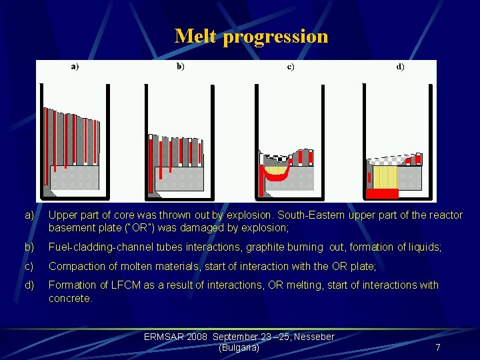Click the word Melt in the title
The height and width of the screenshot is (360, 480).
tap(195, 36)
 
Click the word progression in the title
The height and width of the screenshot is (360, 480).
tap(275, 37)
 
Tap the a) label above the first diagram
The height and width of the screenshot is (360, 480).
tap(75, 67)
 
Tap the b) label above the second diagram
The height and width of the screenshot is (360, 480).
tap(181, 67)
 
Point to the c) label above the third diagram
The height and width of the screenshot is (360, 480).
tap(291, 67)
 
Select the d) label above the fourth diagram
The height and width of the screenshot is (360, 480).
tap(400, 67)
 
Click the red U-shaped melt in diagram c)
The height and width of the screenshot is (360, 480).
tap(274, 174)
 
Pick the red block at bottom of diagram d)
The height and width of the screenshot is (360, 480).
tap(382, 193)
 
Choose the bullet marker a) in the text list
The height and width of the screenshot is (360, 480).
tap(29, 215)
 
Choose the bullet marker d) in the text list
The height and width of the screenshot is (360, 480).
tap(29, 285)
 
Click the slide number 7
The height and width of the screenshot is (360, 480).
tap(437, 347)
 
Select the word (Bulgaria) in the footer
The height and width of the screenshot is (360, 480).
tap(239, 347)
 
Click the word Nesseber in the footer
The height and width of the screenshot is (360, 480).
tap(311, 337)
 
